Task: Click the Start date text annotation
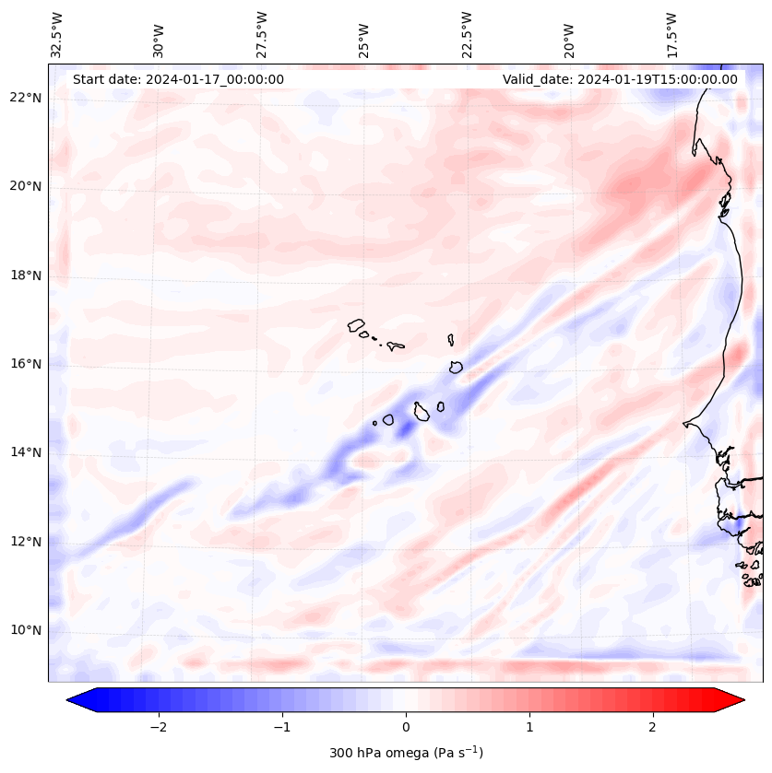[178, 79]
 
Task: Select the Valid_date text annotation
[620, 79]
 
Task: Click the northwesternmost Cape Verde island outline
[356, 325]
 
